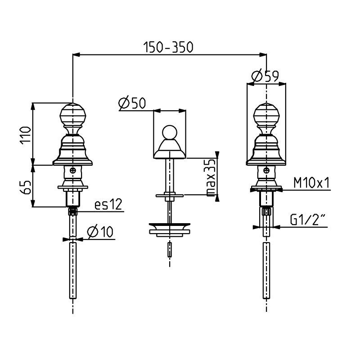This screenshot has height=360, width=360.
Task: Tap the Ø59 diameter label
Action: (265, 77)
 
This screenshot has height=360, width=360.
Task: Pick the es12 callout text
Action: (108, 205)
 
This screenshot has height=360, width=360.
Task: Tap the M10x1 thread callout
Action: (312, 183)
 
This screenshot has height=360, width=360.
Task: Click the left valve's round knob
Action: (72, 116)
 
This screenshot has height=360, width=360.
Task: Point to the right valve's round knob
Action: (266, 116)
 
